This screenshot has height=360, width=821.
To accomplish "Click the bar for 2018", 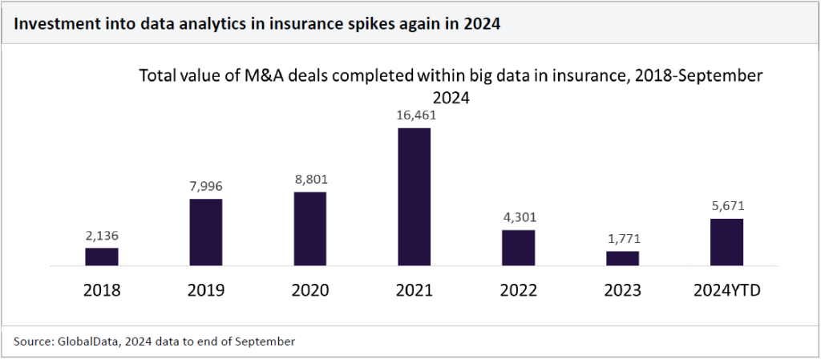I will click(102, 257).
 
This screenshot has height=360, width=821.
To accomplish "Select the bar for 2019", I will click(206, 232).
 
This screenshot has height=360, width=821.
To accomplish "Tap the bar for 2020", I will click(310, 229).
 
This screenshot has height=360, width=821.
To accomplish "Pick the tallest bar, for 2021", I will click(415, 196).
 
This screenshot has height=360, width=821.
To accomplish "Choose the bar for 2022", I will click(518, 248).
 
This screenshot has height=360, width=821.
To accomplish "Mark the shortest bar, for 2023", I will click(622, 258).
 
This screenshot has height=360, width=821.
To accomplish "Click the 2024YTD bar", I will click(726, 241).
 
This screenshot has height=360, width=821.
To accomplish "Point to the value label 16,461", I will click(415, 116).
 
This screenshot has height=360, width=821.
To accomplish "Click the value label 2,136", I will click(102, 236).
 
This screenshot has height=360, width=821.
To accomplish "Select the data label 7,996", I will click(206, 187).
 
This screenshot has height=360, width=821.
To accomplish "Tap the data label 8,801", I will click(310, 180).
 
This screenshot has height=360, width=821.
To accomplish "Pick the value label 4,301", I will click(518, 218).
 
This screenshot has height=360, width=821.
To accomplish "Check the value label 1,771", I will click(622, 239).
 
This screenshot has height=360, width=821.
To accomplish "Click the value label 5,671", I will click(726, 207).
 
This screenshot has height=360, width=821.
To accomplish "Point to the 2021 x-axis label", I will click(415, 290).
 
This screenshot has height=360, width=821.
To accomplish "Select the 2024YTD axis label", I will click(726, 290).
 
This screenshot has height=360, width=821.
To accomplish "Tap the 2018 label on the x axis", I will click(102, 290).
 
